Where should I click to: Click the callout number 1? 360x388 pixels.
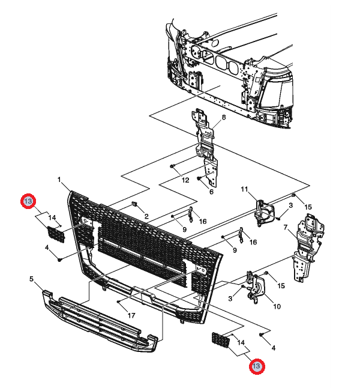click(x=60, y=179)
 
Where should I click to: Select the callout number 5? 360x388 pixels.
click(x=32, y=278)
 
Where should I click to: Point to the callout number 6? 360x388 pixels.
click(x=211, y=192)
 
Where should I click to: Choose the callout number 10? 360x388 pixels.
click(x=277, y=306)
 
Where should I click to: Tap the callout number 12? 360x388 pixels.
click(x=185, y=180)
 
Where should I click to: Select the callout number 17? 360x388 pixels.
click(x=130, y=315)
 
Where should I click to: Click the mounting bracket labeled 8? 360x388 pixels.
click(x=205, y=141)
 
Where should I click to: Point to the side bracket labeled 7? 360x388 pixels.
click(x=306, y=249)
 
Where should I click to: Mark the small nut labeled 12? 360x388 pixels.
click(x=172, y=165)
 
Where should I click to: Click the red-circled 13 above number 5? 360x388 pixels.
click(x=28, y=201)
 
